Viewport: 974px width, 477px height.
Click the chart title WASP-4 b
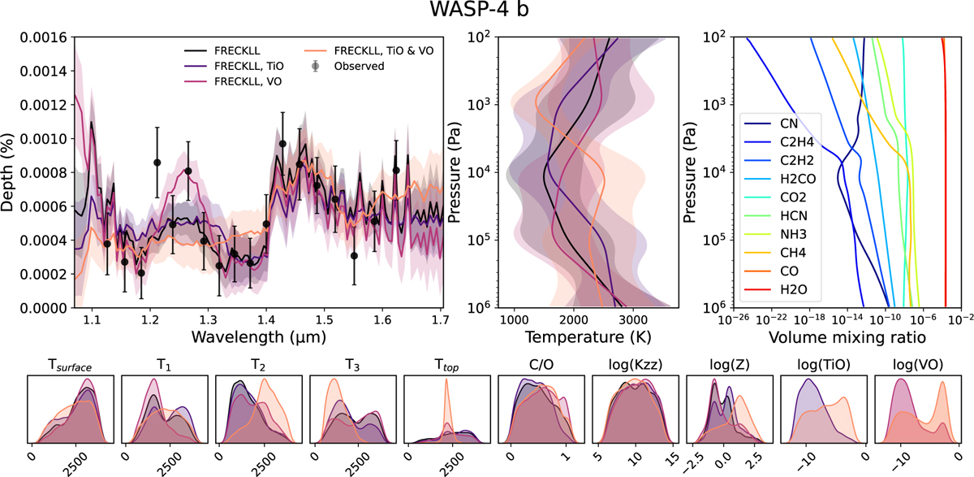point(487,14)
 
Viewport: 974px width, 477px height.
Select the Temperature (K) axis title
point(572,336)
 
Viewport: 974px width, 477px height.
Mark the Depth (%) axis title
point(11,172)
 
